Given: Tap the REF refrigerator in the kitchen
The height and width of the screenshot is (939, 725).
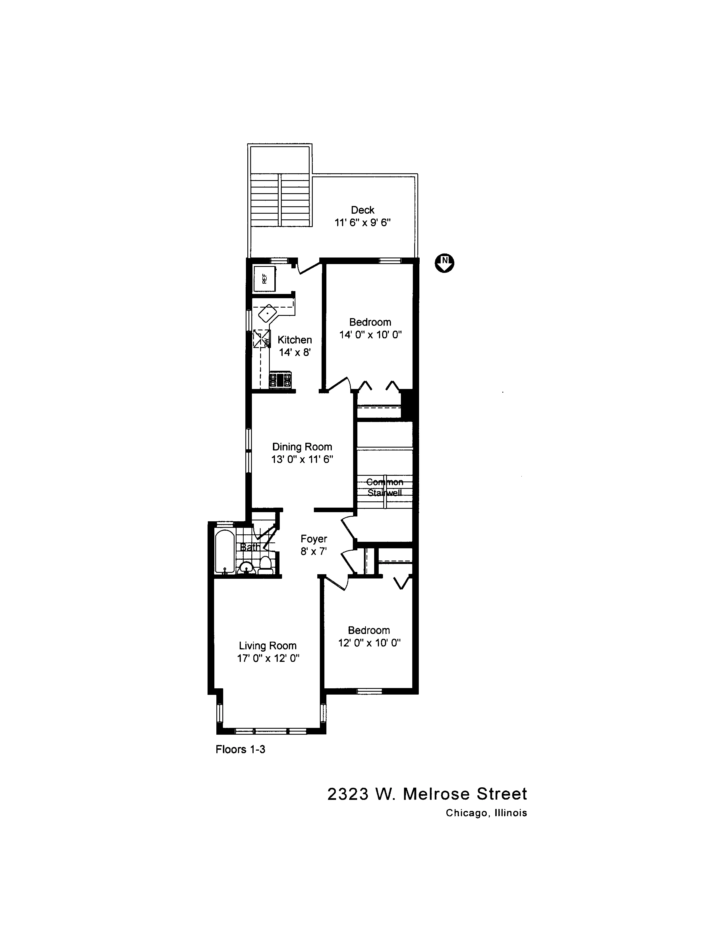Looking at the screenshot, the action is click(264, 279).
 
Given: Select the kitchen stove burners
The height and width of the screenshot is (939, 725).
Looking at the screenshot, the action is click(280, 380).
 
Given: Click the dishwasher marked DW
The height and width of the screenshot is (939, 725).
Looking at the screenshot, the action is click(262, 338).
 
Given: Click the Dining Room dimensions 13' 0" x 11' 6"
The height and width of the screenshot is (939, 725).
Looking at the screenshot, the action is click(303, 459).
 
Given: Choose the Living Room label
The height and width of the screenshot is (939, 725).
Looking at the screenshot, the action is click(268, 646).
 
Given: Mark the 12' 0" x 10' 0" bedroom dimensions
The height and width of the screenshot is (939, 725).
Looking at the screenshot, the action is click(369, 643).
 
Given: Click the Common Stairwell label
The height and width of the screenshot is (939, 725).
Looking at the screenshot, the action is click(385, 487).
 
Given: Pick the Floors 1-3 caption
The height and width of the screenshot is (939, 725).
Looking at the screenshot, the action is click(241, 749).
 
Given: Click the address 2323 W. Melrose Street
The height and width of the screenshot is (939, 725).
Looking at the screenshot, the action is click(427, 794).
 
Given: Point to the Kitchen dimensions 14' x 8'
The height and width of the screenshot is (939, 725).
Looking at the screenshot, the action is click(295, 352).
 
